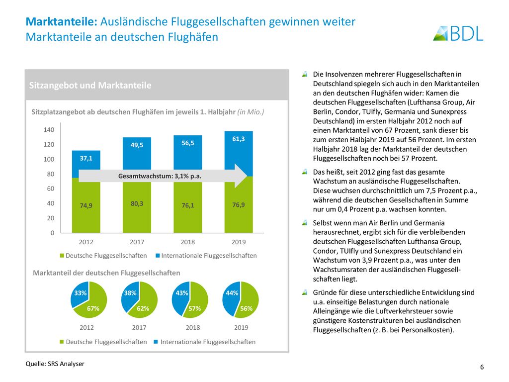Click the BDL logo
coord(458,33)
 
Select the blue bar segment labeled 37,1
coord(86,164)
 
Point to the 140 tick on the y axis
coord(49,130)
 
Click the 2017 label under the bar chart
coord(137,242)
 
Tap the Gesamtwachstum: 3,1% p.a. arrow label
coord(160,176)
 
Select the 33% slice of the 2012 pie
coord(80,294)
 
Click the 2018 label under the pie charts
coord(193,328)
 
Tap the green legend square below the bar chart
coord(62,256)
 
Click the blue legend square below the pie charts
coord(156,342)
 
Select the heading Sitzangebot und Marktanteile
coord(90,86)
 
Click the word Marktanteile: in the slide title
coord(62,22)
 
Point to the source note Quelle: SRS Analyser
coord(55,364)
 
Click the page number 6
coord(482,367)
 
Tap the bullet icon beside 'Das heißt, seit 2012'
coord(305,172)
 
